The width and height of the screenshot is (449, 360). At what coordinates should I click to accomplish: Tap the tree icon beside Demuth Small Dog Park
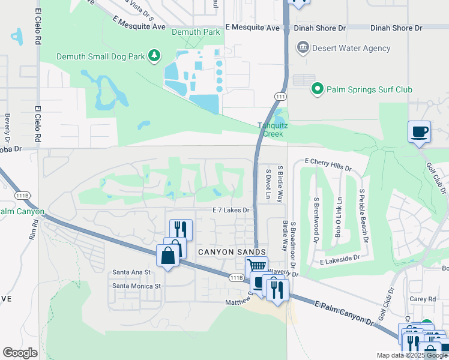tap(155, 56)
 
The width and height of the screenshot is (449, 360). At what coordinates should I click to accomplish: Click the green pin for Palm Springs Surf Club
tap(317, 89)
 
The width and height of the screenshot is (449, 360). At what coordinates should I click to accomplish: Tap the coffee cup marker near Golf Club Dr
tap(419, 131)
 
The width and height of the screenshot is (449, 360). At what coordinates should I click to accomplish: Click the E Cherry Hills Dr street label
tap(327, 161)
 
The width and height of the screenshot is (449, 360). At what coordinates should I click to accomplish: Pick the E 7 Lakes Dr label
tap(231, 210)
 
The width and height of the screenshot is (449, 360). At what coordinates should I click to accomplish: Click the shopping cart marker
tap(256, 266)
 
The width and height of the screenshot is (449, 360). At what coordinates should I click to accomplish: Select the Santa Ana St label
tap(131, 272)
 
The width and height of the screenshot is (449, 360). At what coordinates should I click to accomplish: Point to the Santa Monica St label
tap(137, 286)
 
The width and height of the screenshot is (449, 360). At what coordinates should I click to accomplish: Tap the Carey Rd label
tap(424, 299)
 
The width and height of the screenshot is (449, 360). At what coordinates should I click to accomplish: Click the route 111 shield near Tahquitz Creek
tap(280, 97)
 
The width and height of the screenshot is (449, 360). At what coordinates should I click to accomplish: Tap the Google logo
tap(20, 353)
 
